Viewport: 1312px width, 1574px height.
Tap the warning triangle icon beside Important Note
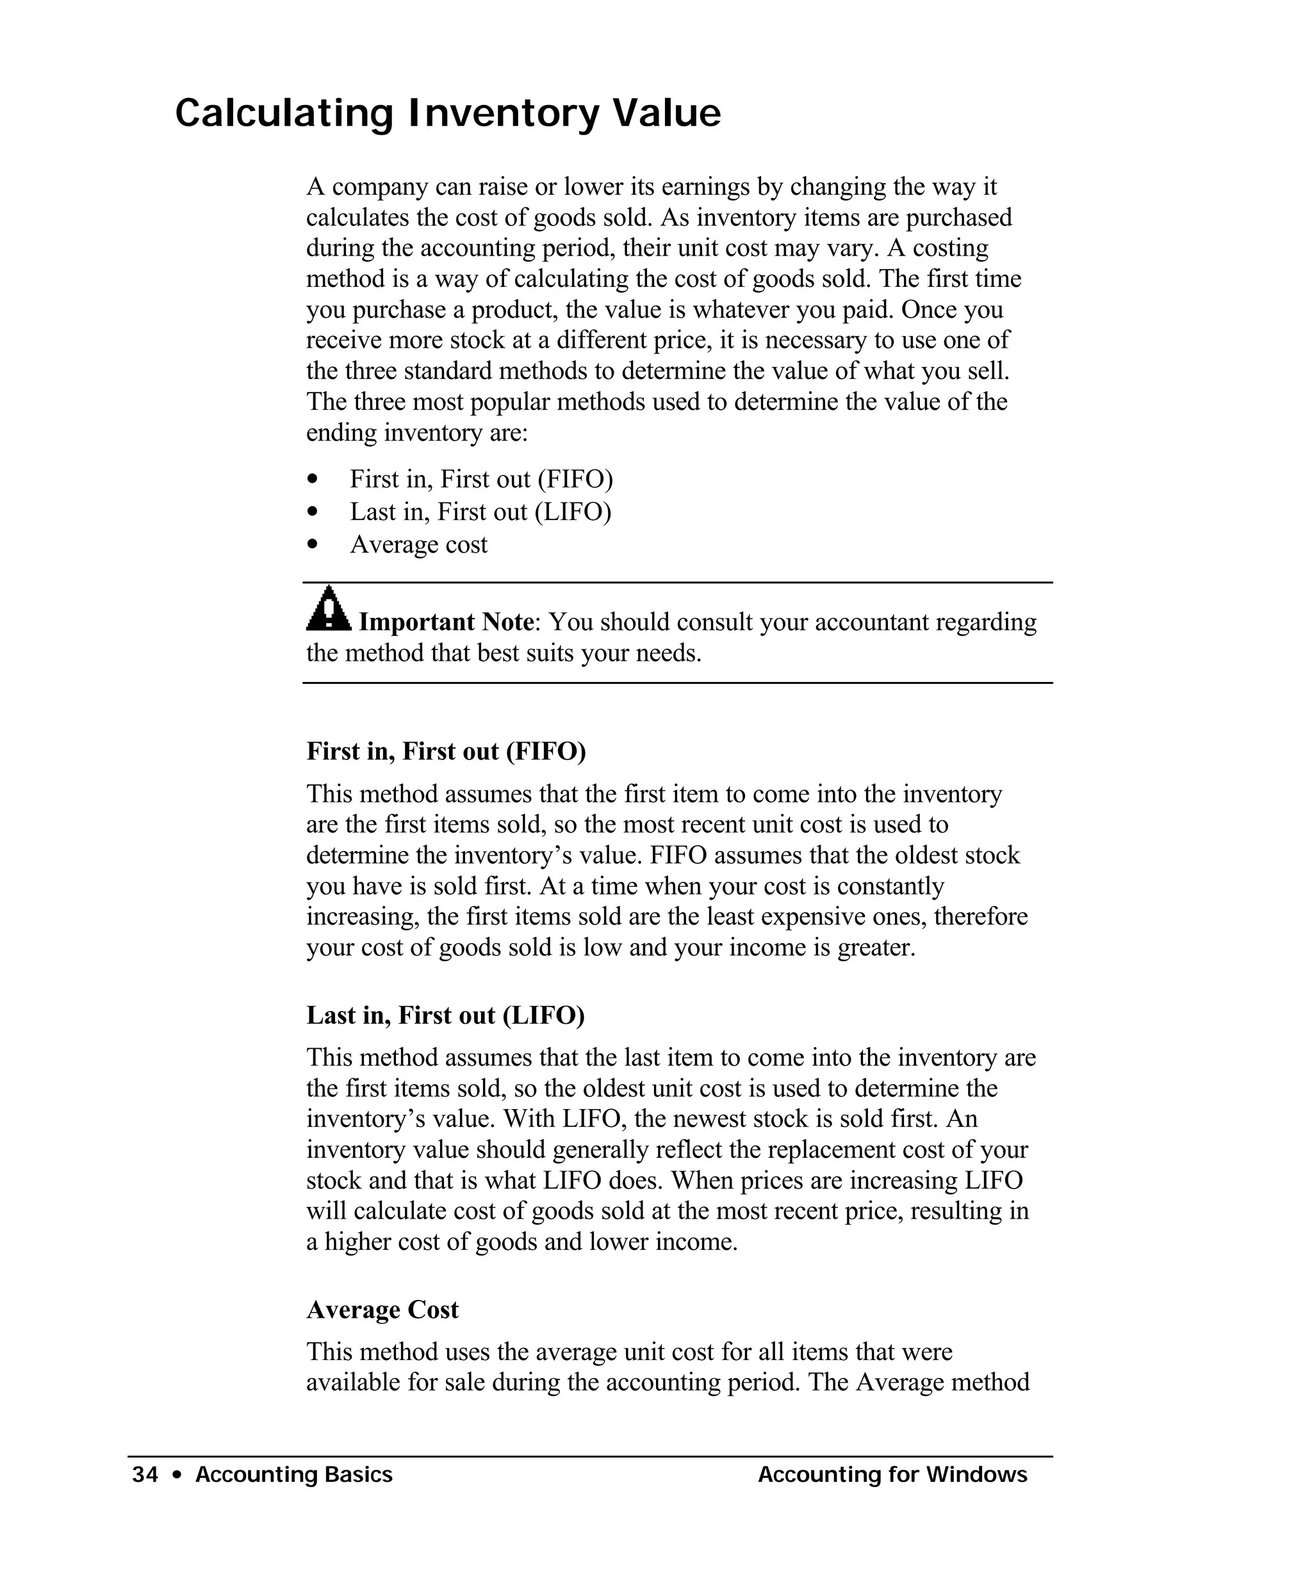point(327,610)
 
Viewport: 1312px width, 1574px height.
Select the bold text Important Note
point(446,622)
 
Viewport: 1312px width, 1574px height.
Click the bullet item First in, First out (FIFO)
point(481,479)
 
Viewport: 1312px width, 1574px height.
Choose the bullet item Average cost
point(418,545)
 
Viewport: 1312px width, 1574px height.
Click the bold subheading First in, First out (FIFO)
point(446,751)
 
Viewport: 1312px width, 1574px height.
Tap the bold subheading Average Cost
point(382,1310)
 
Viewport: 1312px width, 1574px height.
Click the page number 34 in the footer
point(145,1475)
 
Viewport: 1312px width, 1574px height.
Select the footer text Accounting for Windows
point(892,1475)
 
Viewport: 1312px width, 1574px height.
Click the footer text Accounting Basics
point(294,1475)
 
